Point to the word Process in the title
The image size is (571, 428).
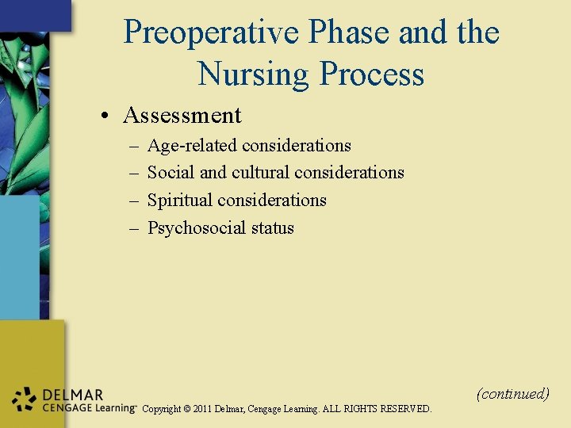click(371, 75)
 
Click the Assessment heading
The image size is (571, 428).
click(182, 116)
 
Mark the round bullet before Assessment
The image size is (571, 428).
click(105, 117)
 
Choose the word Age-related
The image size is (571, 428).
click(193, 146)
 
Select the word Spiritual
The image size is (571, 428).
click(180, 201)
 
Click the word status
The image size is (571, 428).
click(272, 228)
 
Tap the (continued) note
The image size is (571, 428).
click(512, 393)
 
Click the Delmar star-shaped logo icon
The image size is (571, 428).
click(25, 400)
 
